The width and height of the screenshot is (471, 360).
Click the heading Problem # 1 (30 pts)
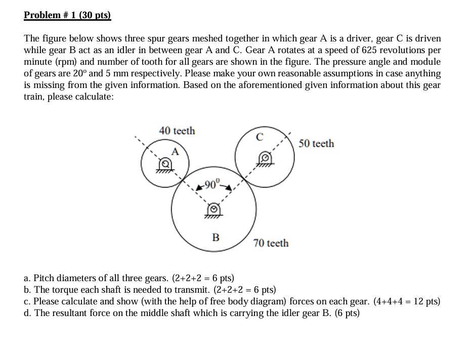[x=67, y=15]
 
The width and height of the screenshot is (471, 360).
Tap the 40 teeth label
[x=177, y=131]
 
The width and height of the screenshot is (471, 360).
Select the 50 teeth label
[x=316, y=144]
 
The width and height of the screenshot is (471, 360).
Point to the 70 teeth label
[x=271, y=243]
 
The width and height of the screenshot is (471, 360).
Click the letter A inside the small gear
[x=175, y=151]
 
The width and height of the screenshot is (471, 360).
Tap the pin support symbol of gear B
[x=214, y=209]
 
